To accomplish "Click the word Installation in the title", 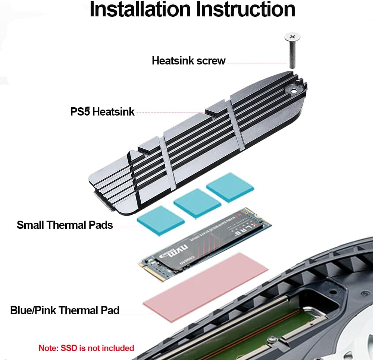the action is (140, 10).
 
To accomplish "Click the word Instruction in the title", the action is (246, 10).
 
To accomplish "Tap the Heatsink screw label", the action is (188, 60).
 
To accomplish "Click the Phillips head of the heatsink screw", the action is (292, 37).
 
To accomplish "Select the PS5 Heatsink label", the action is (102, 111).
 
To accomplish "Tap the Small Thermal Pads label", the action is (65, 225).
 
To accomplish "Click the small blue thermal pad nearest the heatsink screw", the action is (230, 187).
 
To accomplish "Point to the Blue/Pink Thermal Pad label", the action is (65, 310).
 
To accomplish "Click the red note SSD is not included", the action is (86, 348).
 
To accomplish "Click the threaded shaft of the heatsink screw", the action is (292, 56).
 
